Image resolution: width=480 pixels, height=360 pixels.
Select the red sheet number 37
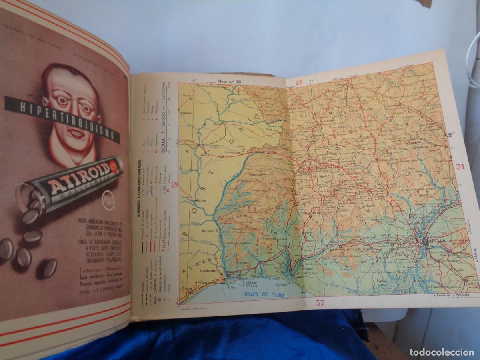[320, 303]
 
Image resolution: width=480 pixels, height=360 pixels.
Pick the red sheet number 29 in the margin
[174, 184]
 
